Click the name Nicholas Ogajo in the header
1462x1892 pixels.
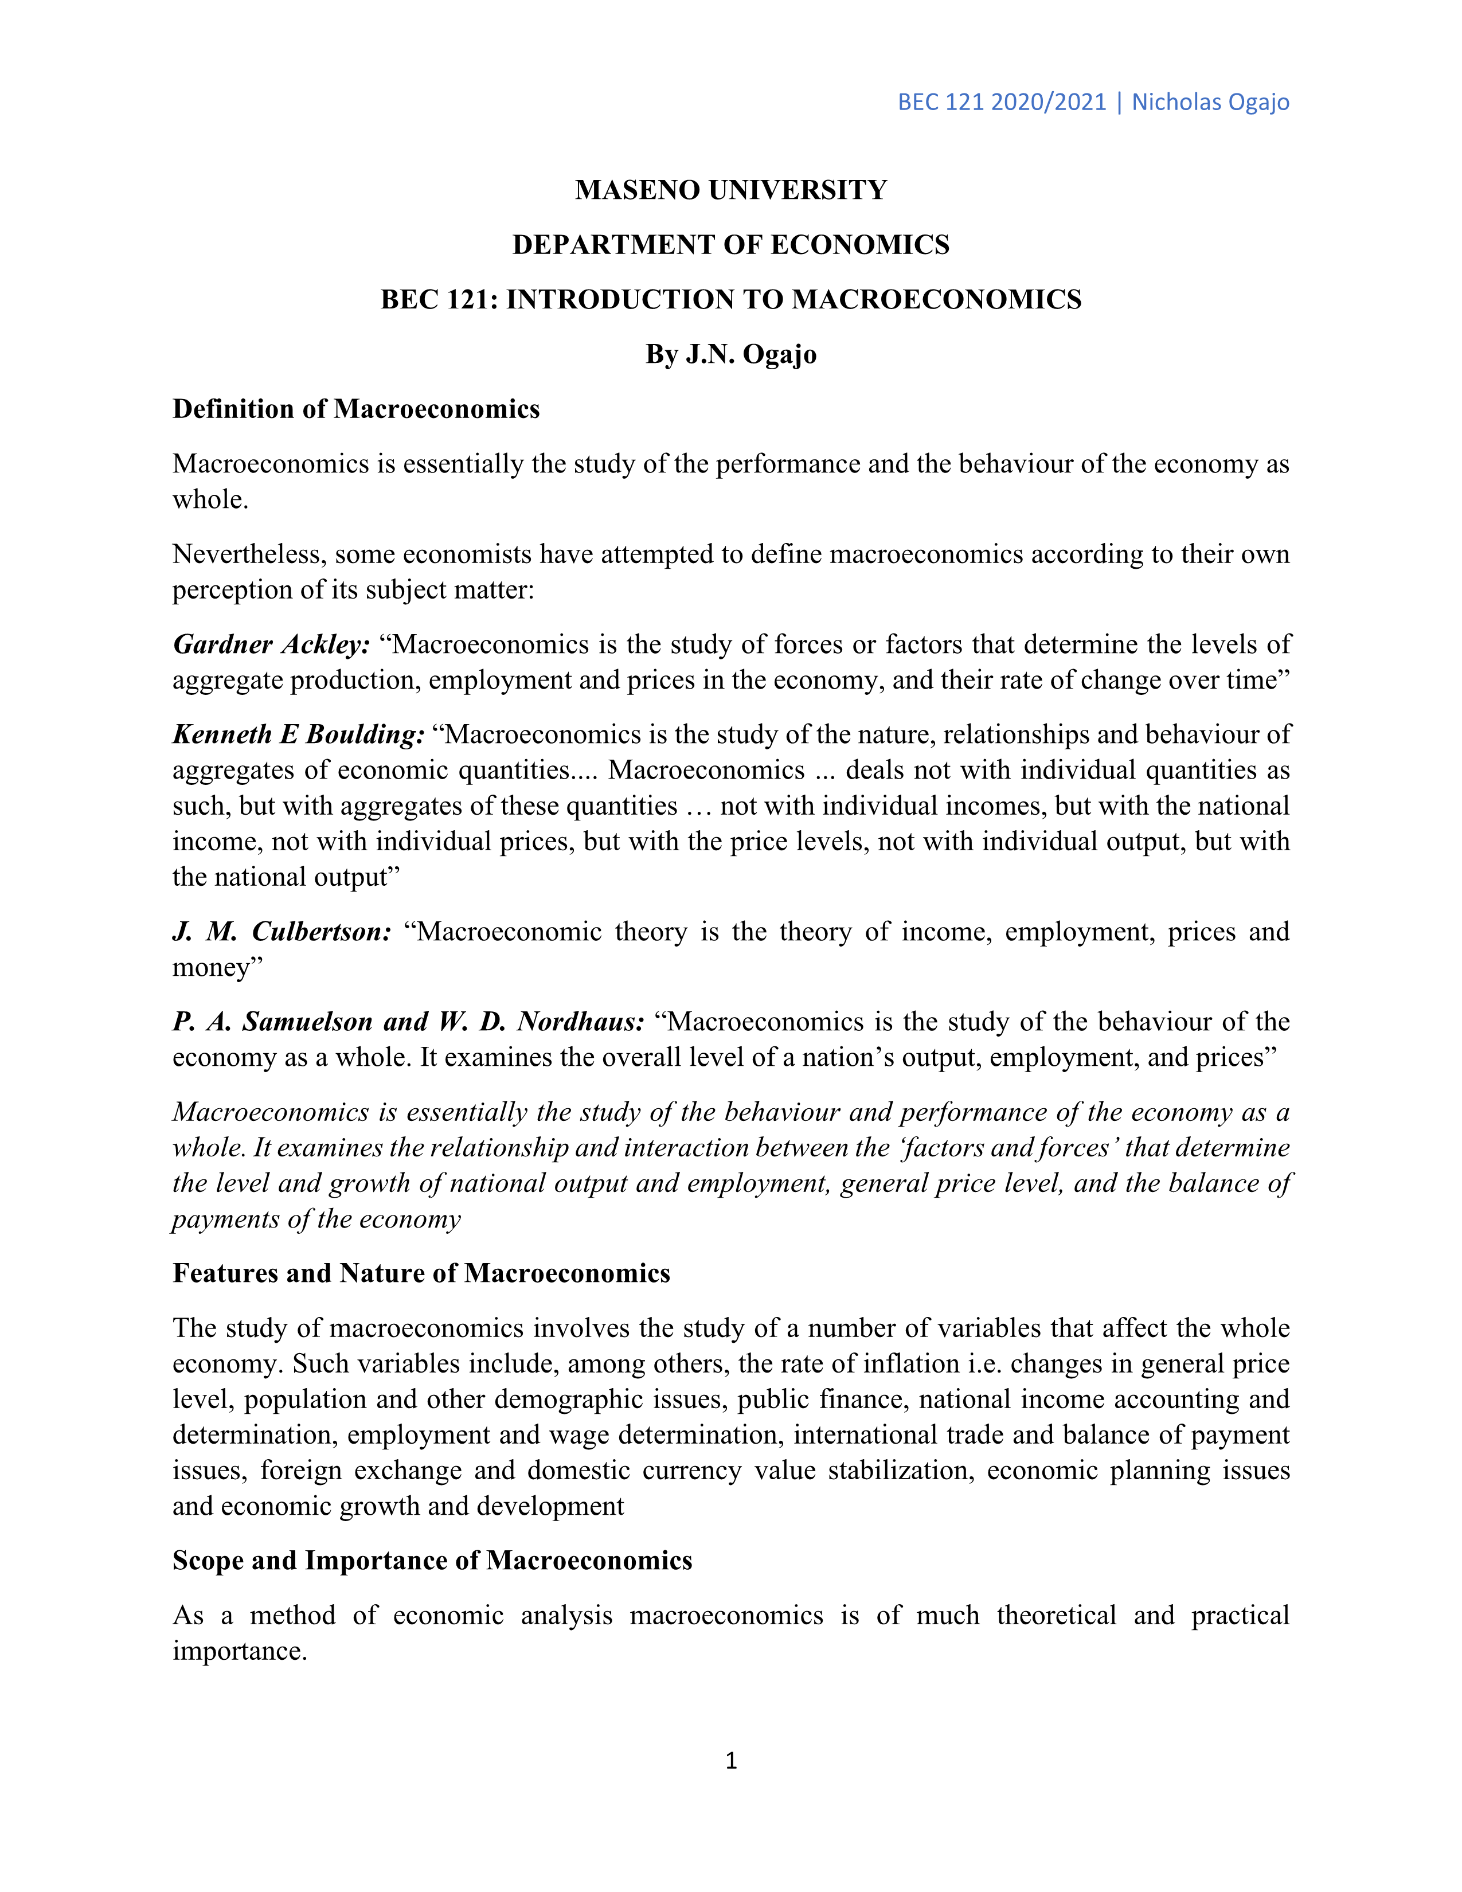[x=1210, y=102]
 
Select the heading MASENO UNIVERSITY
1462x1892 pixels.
[x=731, y=190]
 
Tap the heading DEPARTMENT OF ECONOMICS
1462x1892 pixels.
[x=731, y=245]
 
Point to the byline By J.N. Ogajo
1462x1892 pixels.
[x=731, y=354]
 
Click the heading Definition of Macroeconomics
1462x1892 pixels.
[x=356, y=409]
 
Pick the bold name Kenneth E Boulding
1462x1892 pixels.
[x=299, y=734]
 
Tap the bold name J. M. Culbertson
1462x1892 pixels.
[x=282, y=932]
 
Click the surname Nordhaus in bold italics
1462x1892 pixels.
[x=580, y=1022]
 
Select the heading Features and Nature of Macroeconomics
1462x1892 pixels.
[x=421, y=1273]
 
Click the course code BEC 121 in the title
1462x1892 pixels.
[x=433, y=300]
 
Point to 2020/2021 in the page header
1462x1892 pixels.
[x=1048, y=102]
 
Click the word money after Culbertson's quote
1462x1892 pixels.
[x=212, y=968]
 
